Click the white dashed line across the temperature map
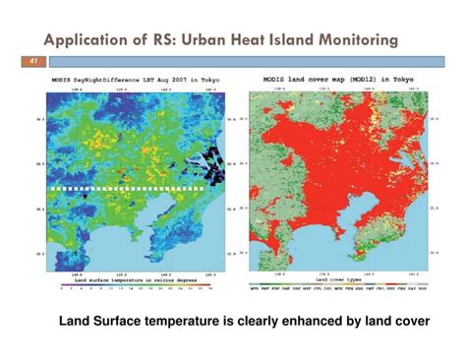128,186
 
